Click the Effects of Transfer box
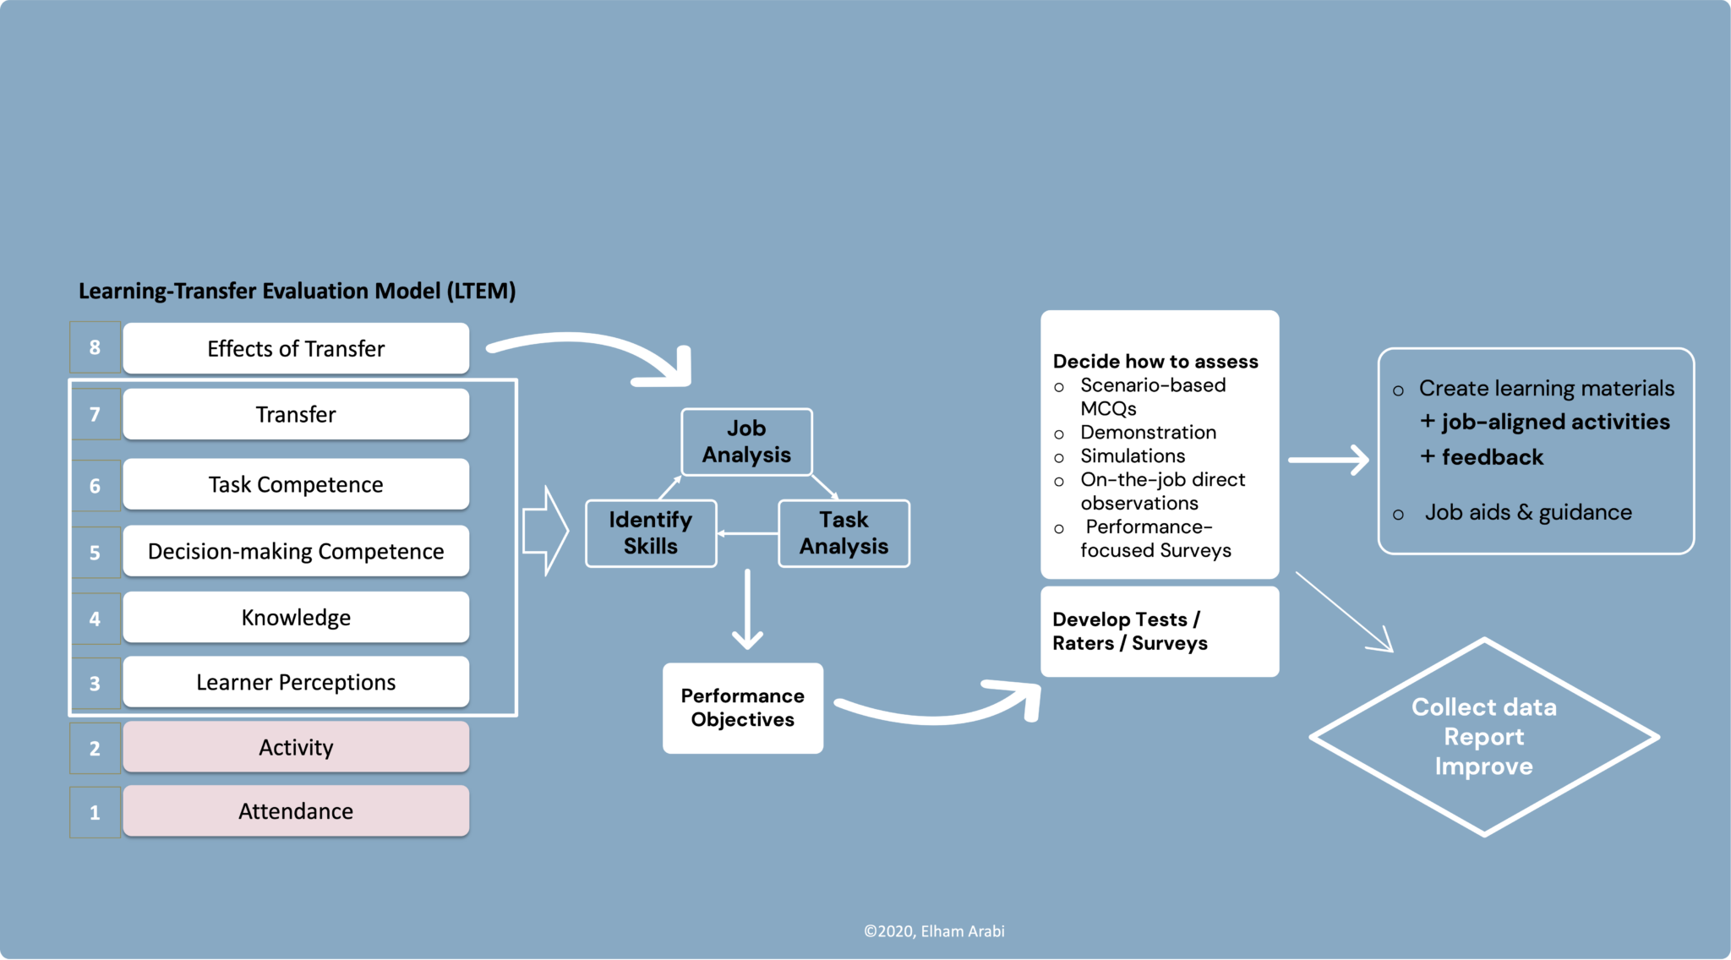296,348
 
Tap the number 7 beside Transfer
95,414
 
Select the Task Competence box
296,484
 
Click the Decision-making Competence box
296,551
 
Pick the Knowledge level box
296,617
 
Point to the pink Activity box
296,747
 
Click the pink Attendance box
296,811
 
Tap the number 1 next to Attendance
95,812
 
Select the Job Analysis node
746,442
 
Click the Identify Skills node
651,533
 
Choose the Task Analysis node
844,533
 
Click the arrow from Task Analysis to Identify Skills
748,533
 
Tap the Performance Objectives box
742,708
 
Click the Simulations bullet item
1133,456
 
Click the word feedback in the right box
1492,457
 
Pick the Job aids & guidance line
1528,512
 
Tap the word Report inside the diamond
1483,737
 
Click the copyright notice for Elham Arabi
934,931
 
